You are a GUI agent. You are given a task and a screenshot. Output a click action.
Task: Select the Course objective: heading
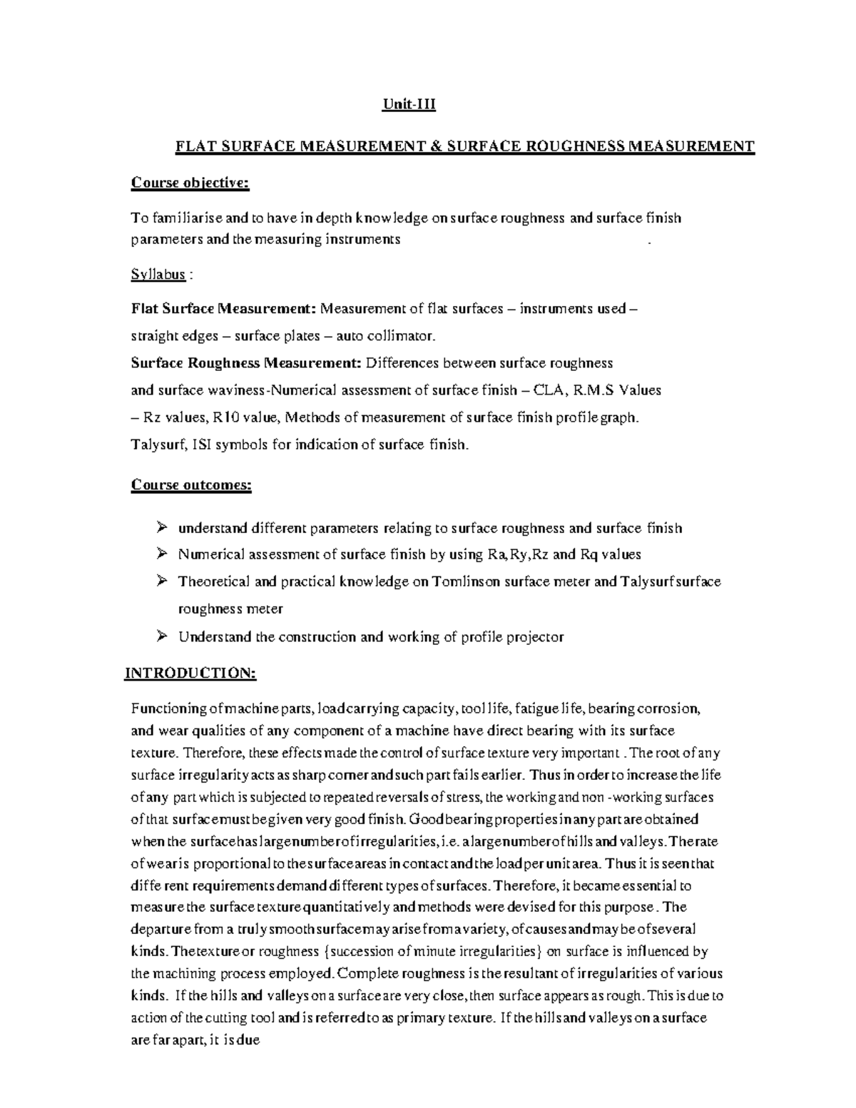click(x=190, y=183)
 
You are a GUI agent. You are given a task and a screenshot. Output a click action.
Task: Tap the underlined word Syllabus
click(x=158, y=274)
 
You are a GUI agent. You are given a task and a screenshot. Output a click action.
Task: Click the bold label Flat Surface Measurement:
click(x=223, y=308)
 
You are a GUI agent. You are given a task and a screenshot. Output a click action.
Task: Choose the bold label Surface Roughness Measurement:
click(x=246, y=362)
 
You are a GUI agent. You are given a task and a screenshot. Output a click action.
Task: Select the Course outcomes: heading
click(x=191, y=485)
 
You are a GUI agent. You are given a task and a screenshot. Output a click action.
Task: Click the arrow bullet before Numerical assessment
click(x=162, y=554)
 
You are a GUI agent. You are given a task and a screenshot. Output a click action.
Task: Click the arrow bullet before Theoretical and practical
click(x=162, y=581)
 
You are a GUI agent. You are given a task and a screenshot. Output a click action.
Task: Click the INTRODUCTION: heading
click(x=190, y=674)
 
